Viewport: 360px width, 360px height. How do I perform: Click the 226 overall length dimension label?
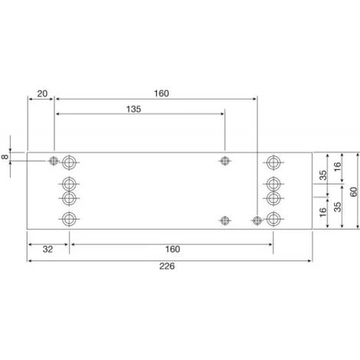167,266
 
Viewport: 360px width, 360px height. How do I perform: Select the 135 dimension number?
133,110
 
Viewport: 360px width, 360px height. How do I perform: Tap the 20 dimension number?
42,93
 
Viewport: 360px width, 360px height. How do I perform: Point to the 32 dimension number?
47,249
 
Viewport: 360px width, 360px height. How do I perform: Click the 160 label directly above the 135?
162,93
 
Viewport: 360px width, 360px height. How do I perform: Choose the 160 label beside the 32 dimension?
172,249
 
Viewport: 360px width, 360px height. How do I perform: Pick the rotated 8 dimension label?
5,157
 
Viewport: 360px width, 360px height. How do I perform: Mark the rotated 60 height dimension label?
354,191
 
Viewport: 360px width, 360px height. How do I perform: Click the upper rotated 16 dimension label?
338,167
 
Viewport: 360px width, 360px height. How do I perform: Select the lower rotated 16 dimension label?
323,212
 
